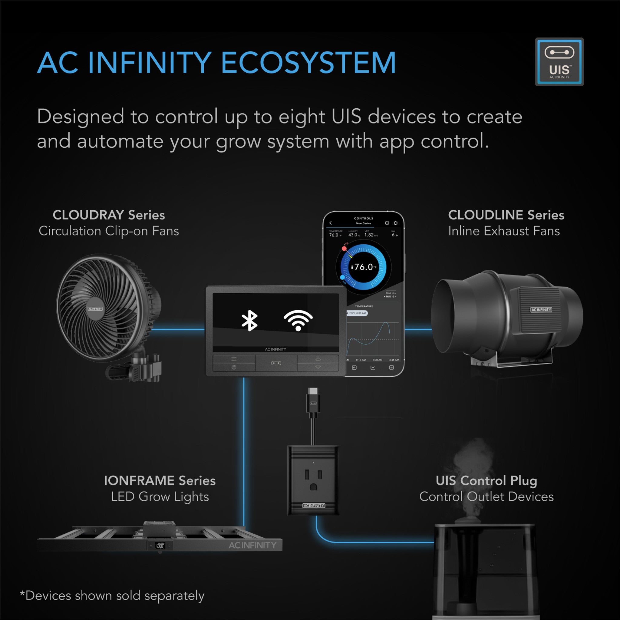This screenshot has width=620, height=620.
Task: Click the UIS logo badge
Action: click(559, 62)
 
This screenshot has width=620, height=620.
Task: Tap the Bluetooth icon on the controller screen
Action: click(249, 321)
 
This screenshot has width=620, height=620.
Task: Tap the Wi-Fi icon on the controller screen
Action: click(298, 320)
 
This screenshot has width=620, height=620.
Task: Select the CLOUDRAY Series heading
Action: click(108, 215)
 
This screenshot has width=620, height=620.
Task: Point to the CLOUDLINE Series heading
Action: click(506, 215)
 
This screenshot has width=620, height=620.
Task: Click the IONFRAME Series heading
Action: click(160, 480)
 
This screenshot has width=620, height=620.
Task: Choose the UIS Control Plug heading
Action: click(486, 480)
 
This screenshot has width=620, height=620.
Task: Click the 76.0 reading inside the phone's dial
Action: click(364, 267)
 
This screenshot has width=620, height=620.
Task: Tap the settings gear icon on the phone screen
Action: click(396, 223)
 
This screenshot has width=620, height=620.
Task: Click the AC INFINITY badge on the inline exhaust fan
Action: click(541, 310)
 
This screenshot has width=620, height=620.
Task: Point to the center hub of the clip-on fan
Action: click(95, 309)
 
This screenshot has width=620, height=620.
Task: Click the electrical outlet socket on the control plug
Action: click(313, 480)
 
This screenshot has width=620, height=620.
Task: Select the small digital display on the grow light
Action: click(160, 545)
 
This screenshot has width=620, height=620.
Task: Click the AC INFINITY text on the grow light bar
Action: click(252, 545)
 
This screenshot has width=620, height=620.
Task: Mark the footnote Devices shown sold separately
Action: click(112, 595)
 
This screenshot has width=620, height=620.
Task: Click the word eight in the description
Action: click(301, 117)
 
